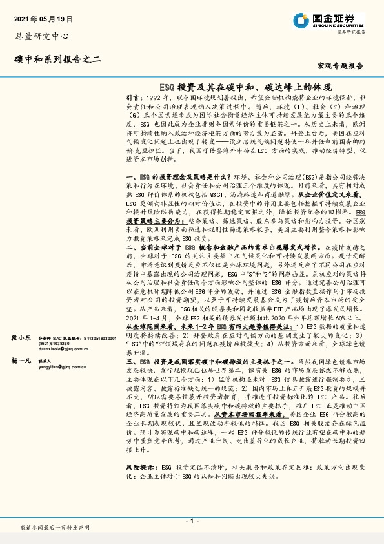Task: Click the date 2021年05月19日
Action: click(x=43, y=20)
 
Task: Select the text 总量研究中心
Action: click(x=41, y=37)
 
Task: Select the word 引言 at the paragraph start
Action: click(x=134, y=96)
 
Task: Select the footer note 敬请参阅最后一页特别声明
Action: click(x=54, y=527)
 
